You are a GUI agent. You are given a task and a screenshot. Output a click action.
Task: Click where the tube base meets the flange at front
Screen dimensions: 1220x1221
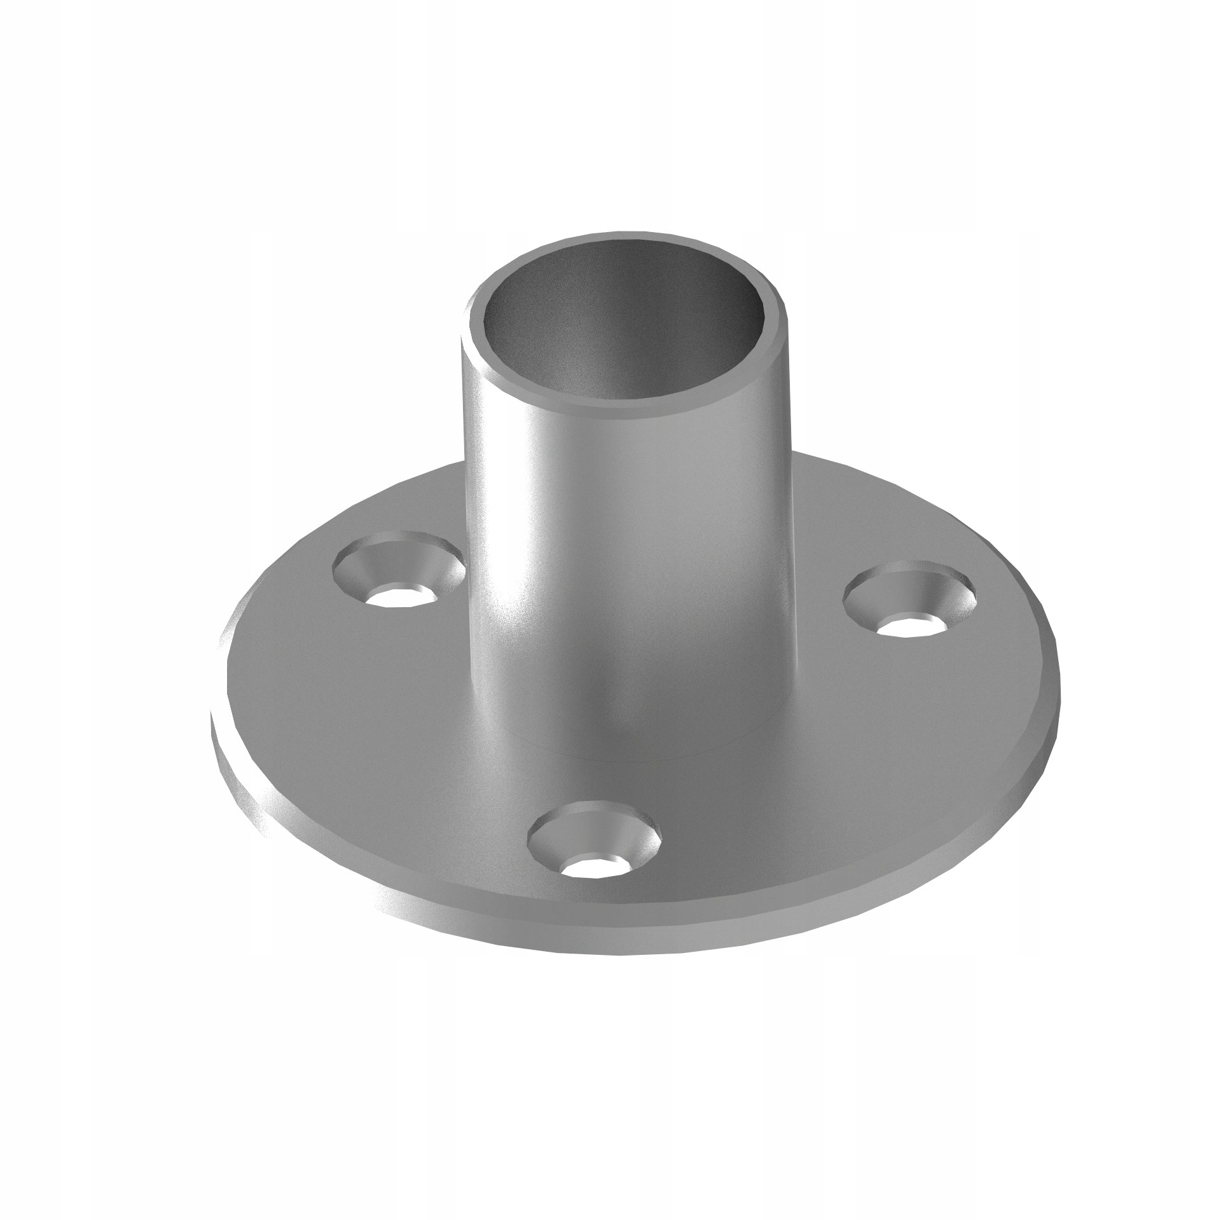[x=626, y=757]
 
